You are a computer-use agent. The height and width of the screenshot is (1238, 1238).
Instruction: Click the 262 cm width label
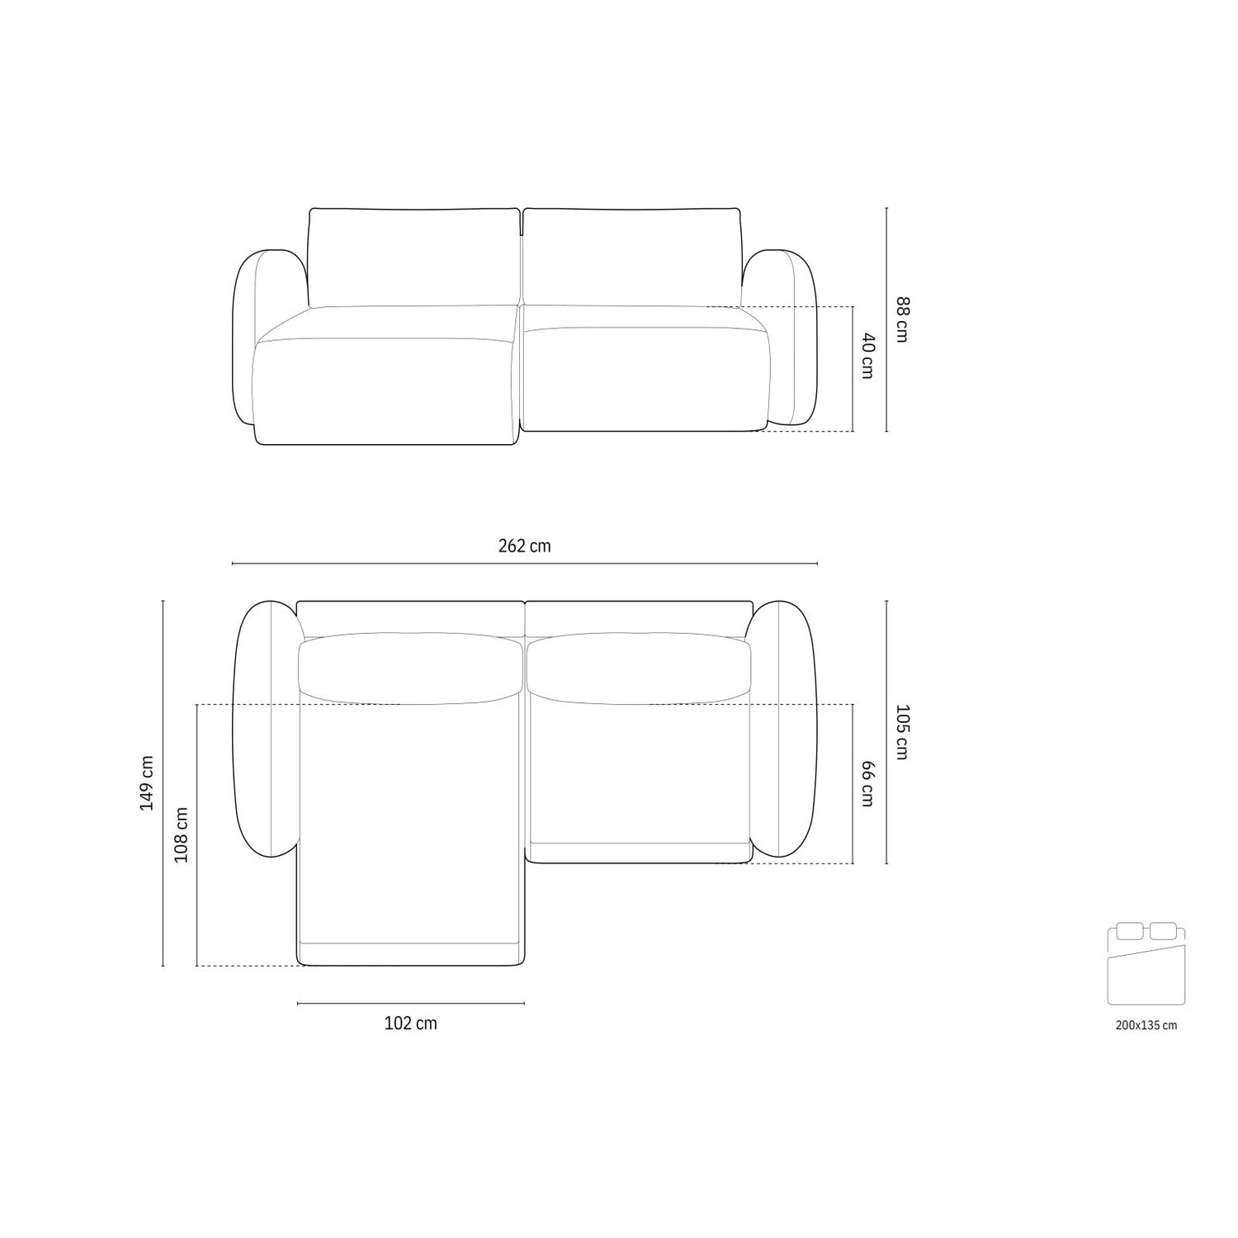click(524, 546)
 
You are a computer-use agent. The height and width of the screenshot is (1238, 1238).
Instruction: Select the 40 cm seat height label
click(866, 356)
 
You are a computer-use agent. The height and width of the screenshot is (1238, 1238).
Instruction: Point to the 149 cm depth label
click(147, 782)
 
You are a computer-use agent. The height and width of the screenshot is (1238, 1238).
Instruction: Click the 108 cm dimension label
click(182, 834)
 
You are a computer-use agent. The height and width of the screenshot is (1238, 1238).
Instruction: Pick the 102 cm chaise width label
click(411, 1023)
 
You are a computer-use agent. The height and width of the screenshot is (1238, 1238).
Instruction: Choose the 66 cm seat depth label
click(866, 783)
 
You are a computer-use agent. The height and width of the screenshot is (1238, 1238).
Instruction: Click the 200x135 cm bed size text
click(1146, 1025)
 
